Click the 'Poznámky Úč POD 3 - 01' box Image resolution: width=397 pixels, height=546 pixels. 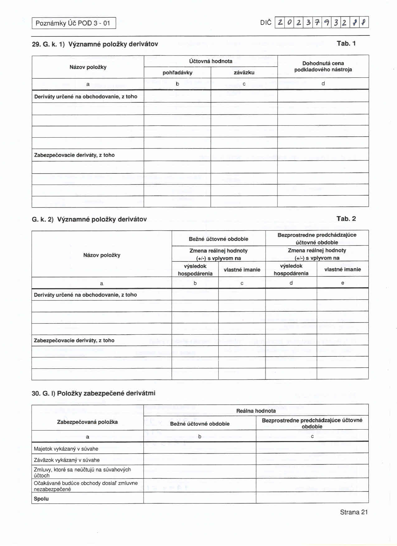point(74,23)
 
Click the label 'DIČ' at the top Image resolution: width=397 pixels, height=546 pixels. point(266,23)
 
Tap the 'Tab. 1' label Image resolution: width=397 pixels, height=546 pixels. point(346,44)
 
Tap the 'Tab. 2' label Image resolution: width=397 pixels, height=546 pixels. point(346,219)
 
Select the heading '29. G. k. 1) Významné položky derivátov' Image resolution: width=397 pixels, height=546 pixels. point(95,44)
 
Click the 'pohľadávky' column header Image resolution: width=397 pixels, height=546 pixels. point(177,73)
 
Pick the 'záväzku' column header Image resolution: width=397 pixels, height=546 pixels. point(244,73)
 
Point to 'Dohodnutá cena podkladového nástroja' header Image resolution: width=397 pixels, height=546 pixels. point(323,66)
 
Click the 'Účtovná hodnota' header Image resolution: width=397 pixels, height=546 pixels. point(211,61)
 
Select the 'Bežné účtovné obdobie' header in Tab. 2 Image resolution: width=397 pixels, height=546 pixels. point(218,239)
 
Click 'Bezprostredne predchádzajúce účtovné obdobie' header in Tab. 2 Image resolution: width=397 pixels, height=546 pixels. point(317,238)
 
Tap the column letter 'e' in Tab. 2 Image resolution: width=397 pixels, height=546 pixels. point(343,283)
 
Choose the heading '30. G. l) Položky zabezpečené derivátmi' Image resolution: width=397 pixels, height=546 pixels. point(93,393)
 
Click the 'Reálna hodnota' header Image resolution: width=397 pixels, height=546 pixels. point(256,411)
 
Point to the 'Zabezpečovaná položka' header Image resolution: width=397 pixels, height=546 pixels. point(87,422)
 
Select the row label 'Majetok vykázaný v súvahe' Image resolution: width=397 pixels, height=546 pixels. point(66,449)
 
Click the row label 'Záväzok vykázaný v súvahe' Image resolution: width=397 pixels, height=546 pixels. point(67,460)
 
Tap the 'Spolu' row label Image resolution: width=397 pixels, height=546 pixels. point(41,499)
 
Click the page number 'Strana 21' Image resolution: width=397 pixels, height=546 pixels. point(354,512)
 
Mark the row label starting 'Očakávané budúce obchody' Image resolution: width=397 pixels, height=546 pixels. point(86,486)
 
